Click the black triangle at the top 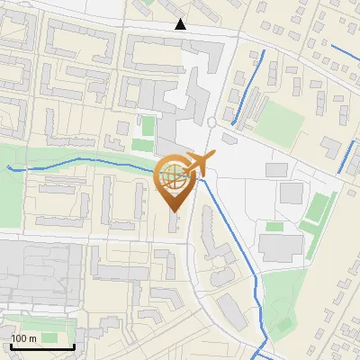click(x=181, y=24)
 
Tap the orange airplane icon click(x=199, y=165)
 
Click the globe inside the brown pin click(x=173, y=175)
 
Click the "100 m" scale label click(x=24, y=338)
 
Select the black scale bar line click(x=41, y=346)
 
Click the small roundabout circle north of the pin click(x=211, y=121)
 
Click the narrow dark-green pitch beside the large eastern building click(x=315, y=209)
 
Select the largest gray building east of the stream click(x=283, y=244)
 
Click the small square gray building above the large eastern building click(x=291, y=192)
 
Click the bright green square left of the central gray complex click(x=143, y=144)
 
